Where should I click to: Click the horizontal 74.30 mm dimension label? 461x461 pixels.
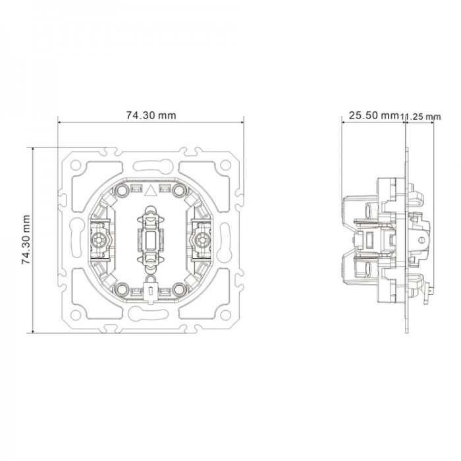[x=151, y=115]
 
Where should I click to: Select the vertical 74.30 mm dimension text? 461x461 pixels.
[x=26, y=240]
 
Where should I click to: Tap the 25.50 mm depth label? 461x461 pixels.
[x=373, y=115]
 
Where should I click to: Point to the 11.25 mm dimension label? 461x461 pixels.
[x=421, y=117]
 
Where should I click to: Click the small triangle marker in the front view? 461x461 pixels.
[x=150, y=190]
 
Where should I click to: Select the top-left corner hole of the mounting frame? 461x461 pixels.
[x=76, y=165]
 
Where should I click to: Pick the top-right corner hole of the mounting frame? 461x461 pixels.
[x=225, y=165]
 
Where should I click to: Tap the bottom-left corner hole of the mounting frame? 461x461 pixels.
[x=76, y=315]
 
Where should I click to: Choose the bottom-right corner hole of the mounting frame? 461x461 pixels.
[x=225, y=315]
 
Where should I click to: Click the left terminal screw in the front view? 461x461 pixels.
[x=98, y=240]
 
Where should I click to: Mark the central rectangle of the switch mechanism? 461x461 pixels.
[x=151, y=240]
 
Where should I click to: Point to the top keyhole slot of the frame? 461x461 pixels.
[x=153, y=165]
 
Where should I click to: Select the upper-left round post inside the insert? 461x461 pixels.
[x=121, y=190]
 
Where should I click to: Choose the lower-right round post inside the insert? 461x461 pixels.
[x=179, y=290]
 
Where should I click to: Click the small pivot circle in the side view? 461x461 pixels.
[x=421, y=240]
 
